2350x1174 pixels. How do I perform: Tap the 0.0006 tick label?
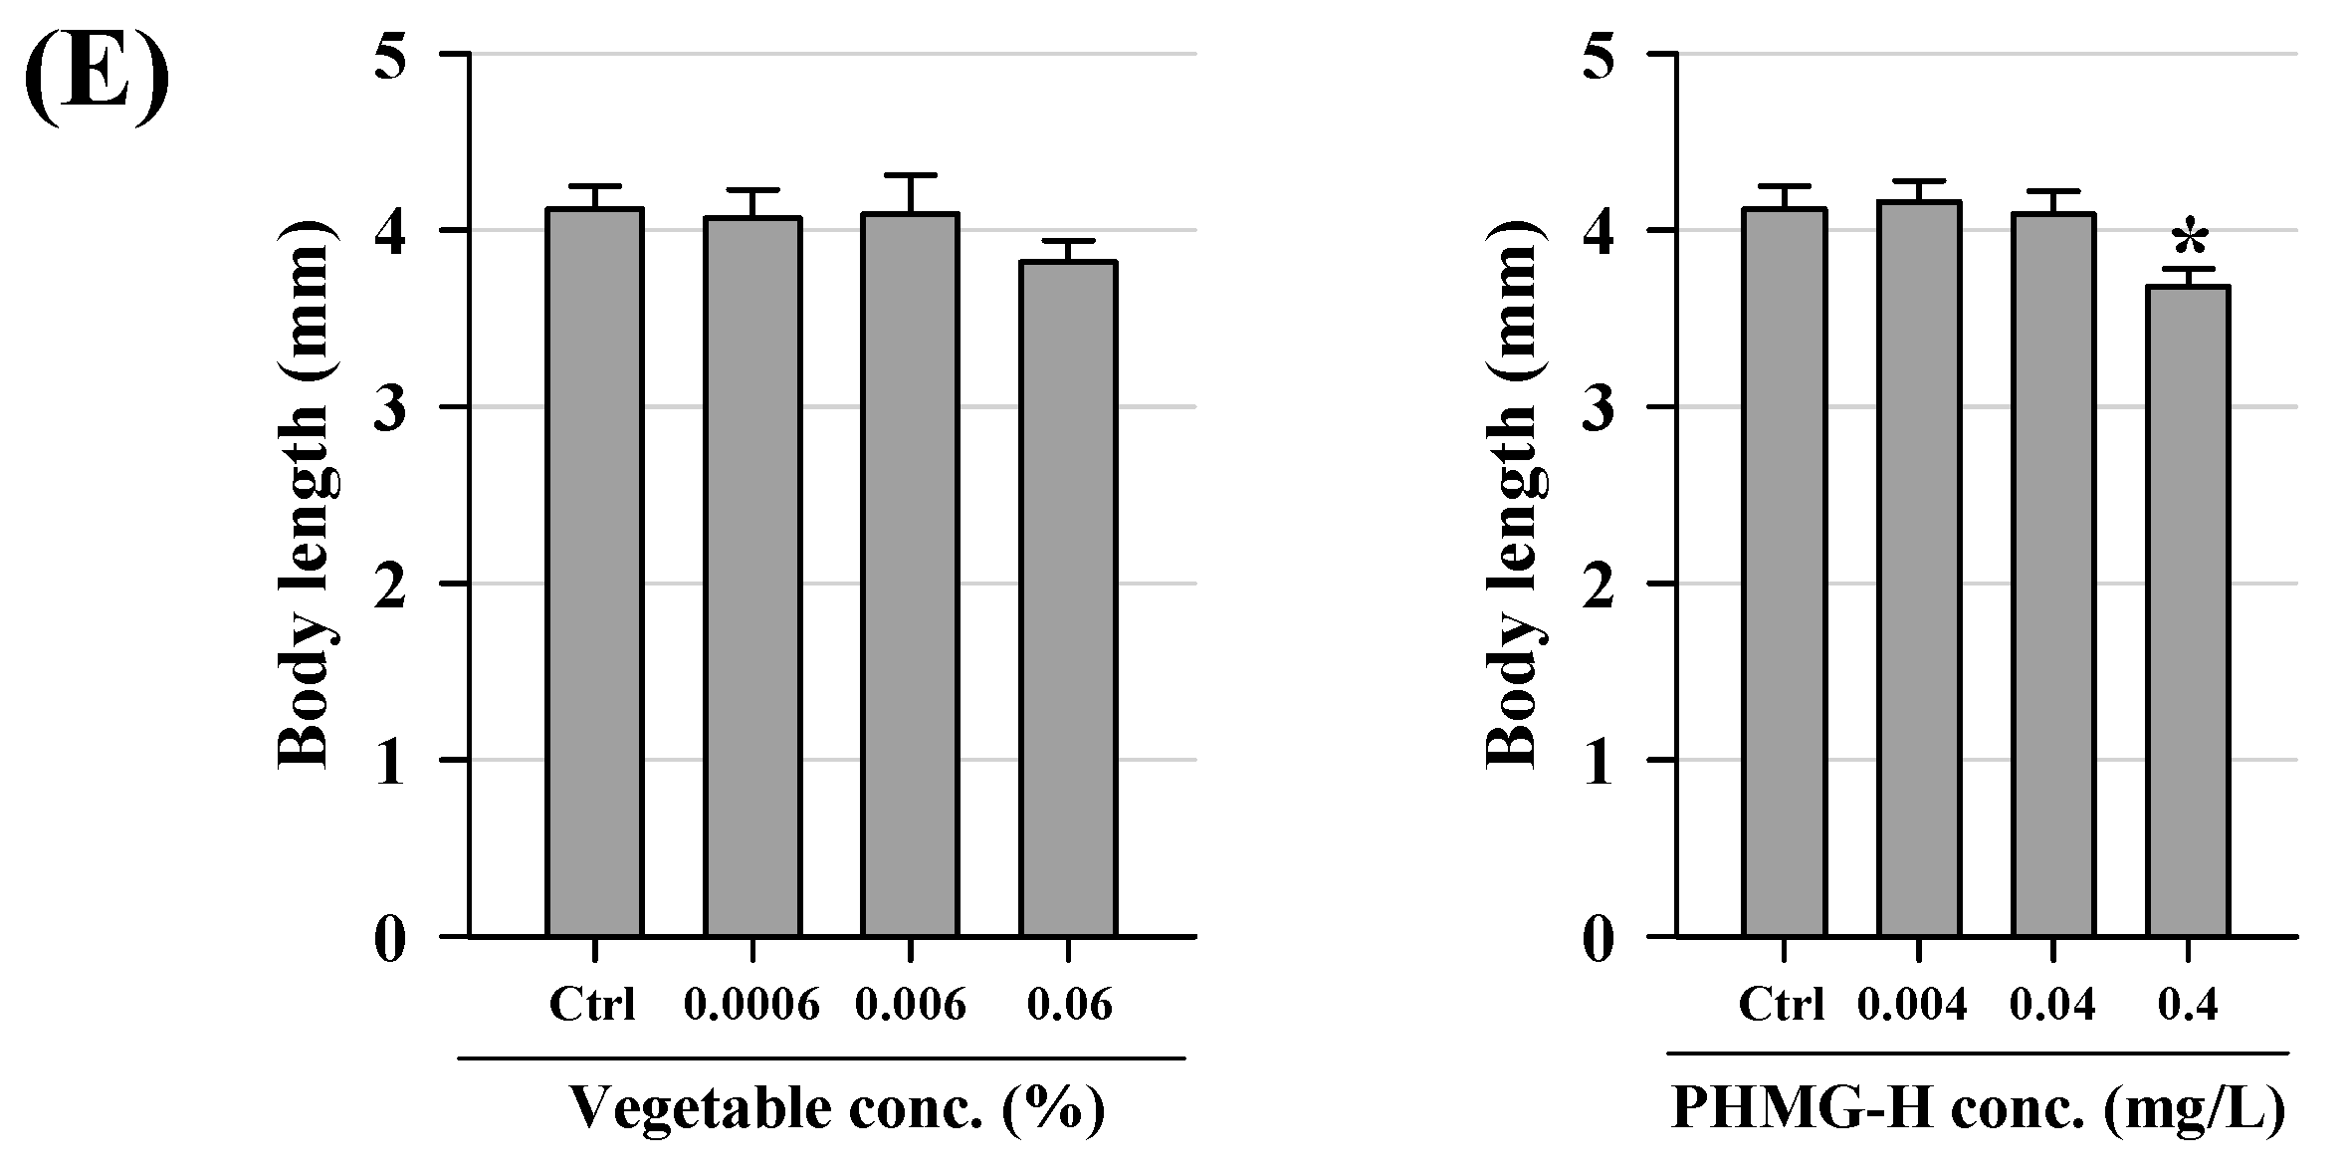[x=751, y=1005]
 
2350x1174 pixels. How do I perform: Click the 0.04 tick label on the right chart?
[x=2052, y=1005]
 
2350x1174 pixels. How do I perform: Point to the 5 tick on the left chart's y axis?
[x=390, y=57]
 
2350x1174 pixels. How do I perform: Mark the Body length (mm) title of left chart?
[x=304, y=496]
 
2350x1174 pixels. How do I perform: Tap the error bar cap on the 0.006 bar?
[x=910, y=175]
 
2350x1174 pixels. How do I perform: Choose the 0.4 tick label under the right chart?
[x=2188, y=1005]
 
